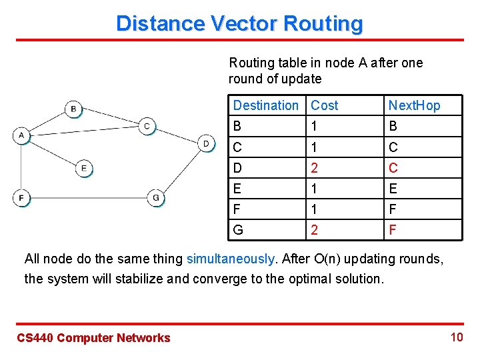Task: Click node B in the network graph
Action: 73,108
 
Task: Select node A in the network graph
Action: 21,135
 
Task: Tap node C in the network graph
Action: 147,126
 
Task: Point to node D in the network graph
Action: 207,143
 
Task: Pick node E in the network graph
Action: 83,169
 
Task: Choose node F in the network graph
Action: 21,198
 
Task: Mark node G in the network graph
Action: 155,198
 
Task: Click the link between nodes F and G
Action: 87,198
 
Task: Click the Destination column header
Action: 265,105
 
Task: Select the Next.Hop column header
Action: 414,105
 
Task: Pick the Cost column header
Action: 325,105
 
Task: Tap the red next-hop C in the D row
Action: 393,167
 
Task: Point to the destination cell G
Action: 238,230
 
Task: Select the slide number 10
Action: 456,337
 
